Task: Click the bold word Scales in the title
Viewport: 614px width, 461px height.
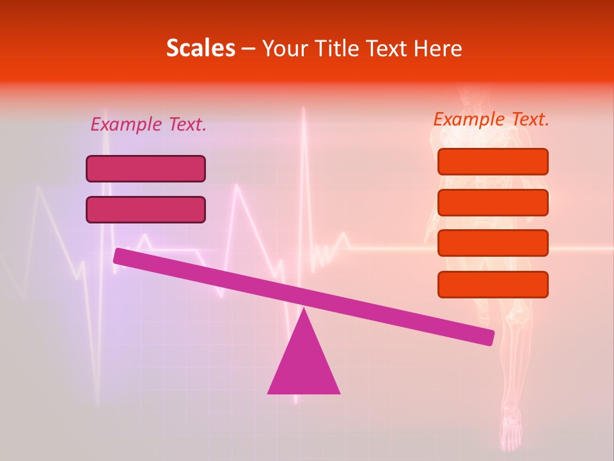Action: click(x=200, y=49)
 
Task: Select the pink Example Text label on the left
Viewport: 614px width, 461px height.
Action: click(x=148, y=125)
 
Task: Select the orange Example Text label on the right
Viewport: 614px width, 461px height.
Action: click(x=491, y=119)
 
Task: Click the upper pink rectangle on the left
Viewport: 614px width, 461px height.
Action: click(x=146, y=169)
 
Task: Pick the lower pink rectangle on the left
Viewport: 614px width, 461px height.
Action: click(x=146, y=209)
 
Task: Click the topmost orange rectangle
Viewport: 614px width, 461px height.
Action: click(x=492, y=162)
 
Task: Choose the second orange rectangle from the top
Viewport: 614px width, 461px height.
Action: click(x=492, y=202)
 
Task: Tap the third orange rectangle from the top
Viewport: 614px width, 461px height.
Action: click(x=492, y=243)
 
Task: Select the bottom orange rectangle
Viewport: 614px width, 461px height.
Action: click(x=492, y=284)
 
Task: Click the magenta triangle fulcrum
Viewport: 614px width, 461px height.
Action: click(x=304, y=362)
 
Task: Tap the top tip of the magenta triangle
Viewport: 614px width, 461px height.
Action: click(x=304, y=310)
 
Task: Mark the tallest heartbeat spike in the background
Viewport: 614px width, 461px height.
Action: click(x=303, y=115)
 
